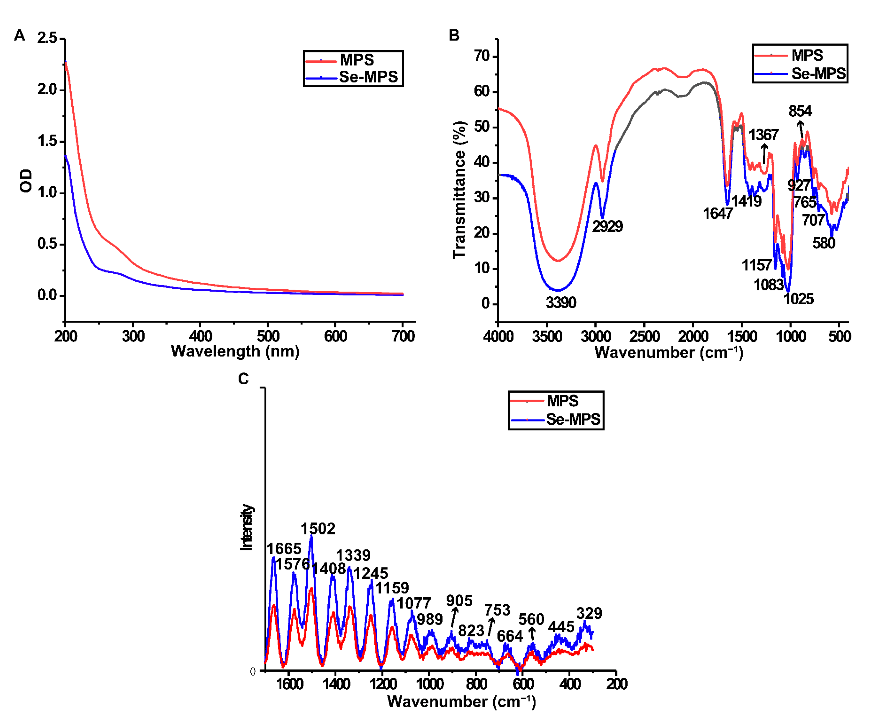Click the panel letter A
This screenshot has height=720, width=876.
point(19,36)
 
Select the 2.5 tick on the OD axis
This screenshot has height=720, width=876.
point(47,38)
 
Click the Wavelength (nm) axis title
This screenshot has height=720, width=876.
point(235,351)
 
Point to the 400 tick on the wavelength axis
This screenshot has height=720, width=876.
point(201,335)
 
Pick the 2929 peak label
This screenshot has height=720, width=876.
point(607,226)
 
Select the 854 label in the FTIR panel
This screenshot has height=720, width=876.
point(800,111)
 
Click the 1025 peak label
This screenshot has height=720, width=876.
point(798,299)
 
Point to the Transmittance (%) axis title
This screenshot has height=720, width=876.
point(459,189)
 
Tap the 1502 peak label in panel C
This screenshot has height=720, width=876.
point(318,529)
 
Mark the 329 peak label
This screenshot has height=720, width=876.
point(589,613)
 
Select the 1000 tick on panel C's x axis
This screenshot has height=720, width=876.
point(429,684)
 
